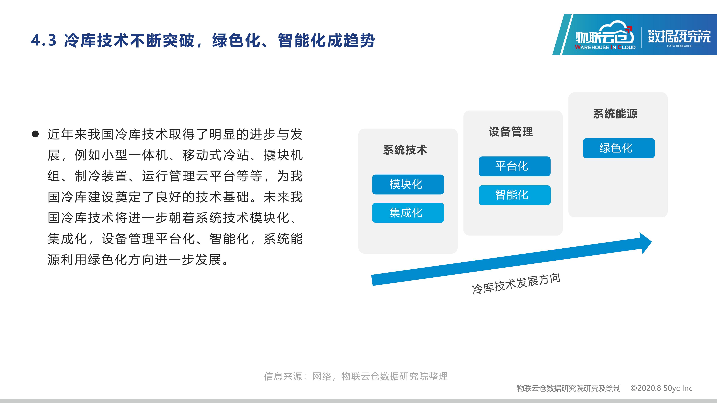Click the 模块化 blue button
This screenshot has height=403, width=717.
pos(408,184)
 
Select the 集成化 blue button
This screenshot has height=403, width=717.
pos(408,213)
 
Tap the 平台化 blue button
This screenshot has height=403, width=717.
pos(515,166)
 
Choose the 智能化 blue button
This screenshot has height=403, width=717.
pos(515,195)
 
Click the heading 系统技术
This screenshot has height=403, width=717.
pos(405,150)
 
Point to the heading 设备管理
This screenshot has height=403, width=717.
pos(511,132)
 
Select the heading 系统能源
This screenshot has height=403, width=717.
pos(615,114)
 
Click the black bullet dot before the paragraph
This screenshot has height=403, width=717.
pos(35,134)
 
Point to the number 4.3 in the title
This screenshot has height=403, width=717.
pos(44,41)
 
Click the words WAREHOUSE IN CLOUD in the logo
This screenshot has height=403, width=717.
pos(605,47)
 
